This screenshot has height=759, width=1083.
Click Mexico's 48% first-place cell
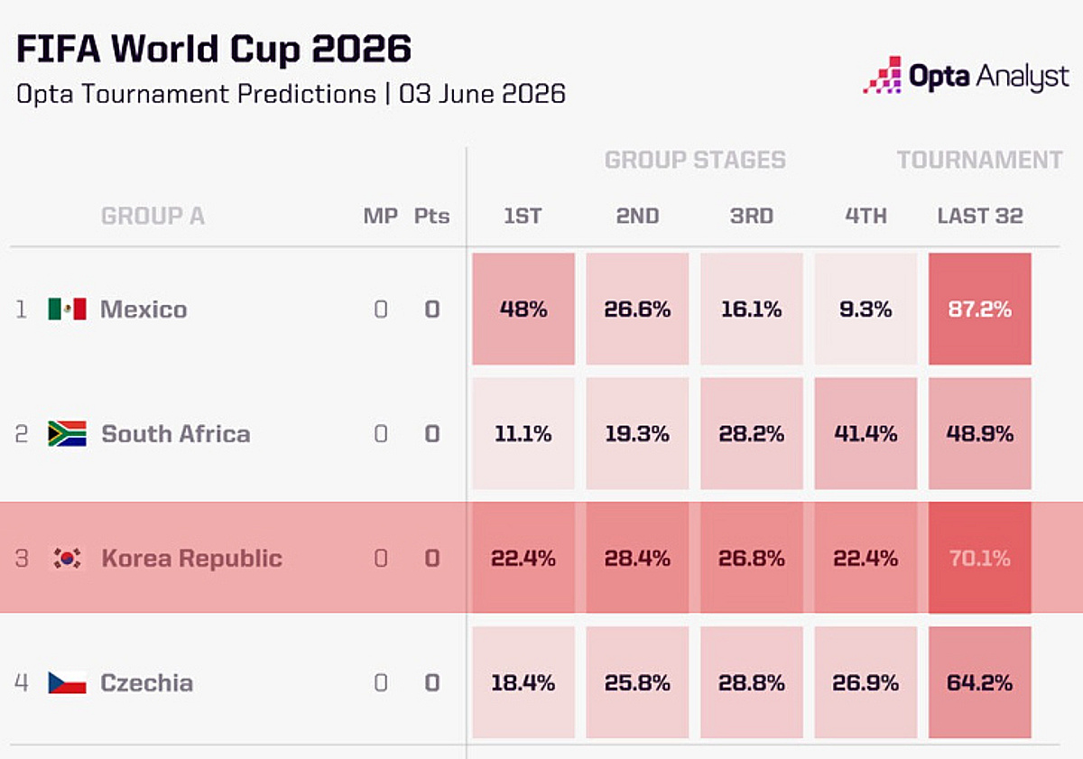[523, 309]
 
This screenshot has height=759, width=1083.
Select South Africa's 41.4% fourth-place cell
[865, 433]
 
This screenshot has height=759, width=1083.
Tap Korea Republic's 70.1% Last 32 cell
[979, 558]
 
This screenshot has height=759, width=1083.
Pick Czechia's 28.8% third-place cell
[752, 682]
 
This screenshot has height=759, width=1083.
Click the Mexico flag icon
[67, 309]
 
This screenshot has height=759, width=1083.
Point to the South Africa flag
[67, 433]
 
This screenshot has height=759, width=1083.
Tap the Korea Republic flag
[67, 558]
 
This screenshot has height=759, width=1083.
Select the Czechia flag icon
[67, 682]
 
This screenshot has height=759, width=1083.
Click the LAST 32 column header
[980, 216]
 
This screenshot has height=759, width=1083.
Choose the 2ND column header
[637, 216]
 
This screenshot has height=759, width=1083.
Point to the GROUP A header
[153, 216]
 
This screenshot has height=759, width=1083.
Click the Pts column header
[431, 216]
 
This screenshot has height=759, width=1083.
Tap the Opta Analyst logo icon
[883, 75]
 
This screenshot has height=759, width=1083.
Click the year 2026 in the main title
[361, 49]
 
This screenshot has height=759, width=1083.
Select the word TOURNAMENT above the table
[979, 160]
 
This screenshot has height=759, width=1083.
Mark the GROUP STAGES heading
[695, 160]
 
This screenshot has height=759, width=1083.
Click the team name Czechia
[146, 682]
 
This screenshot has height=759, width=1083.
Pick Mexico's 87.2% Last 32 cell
[979, 309]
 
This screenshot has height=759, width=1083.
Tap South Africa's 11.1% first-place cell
[523, 433]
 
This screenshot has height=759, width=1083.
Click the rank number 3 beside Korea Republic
[22, 559]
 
